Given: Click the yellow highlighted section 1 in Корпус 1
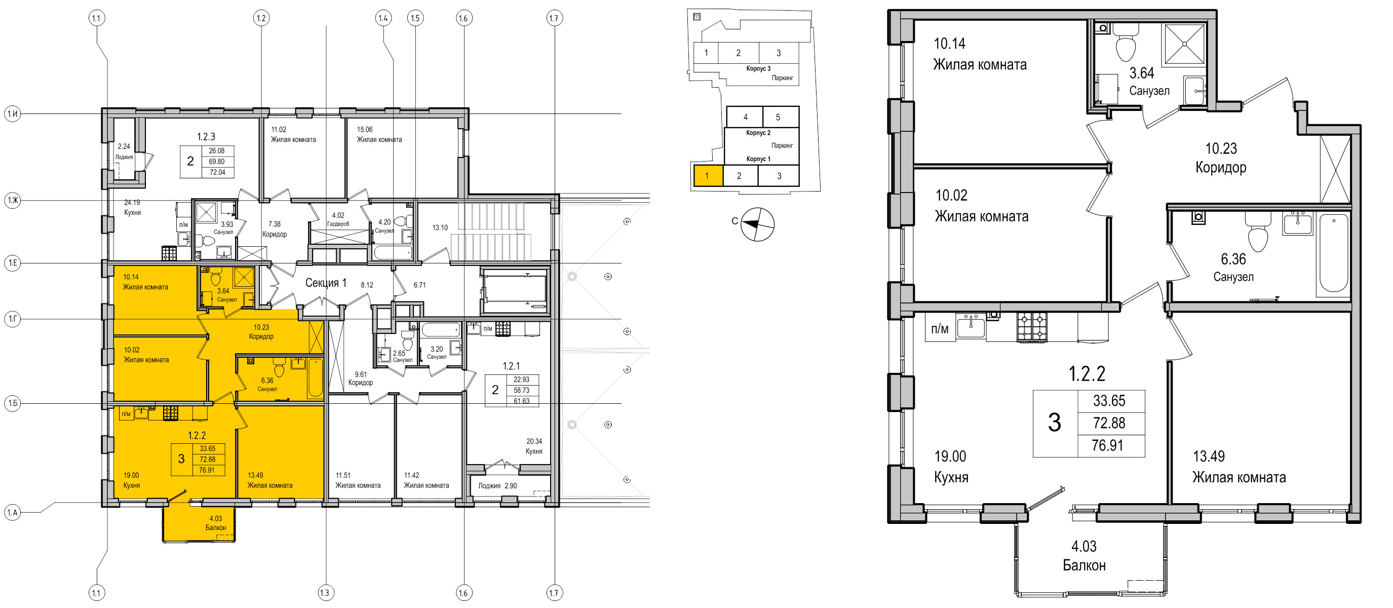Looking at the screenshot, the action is tap(708, 176).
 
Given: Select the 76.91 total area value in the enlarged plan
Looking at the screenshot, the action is tap(1107, 445).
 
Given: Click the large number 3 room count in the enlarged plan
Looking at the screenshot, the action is tap(1054, 423).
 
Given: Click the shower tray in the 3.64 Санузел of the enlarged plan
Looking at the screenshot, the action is tap(1184, 43).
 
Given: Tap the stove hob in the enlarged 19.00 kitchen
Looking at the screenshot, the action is tap(1032, 327).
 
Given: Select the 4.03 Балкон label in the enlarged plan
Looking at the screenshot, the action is tap(1084, 555).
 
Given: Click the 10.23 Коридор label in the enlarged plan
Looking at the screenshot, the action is tap(1220, 158).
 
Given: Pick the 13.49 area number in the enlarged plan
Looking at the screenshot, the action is tap(1209, 456).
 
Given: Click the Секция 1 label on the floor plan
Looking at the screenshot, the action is tap(326, 282).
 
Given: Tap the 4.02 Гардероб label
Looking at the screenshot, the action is tap(338, 219).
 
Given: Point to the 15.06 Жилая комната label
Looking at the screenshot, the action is tap(379, 134).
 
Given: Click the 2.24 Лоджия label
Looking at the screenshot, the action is tap(124, 151).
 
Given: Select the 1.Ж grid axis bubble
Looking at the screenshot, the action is tap(13, 201).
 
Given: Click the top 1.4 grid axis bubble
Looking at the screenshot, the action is tap(383, 18).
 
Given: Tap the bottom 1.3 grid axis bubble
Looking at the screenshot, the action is tap(325, 592).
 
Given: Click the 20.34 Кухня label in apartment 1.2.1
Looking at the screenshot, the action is tap(534, 446).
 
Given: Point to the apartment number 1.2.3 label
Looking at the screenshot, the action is tap(206, 137).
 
